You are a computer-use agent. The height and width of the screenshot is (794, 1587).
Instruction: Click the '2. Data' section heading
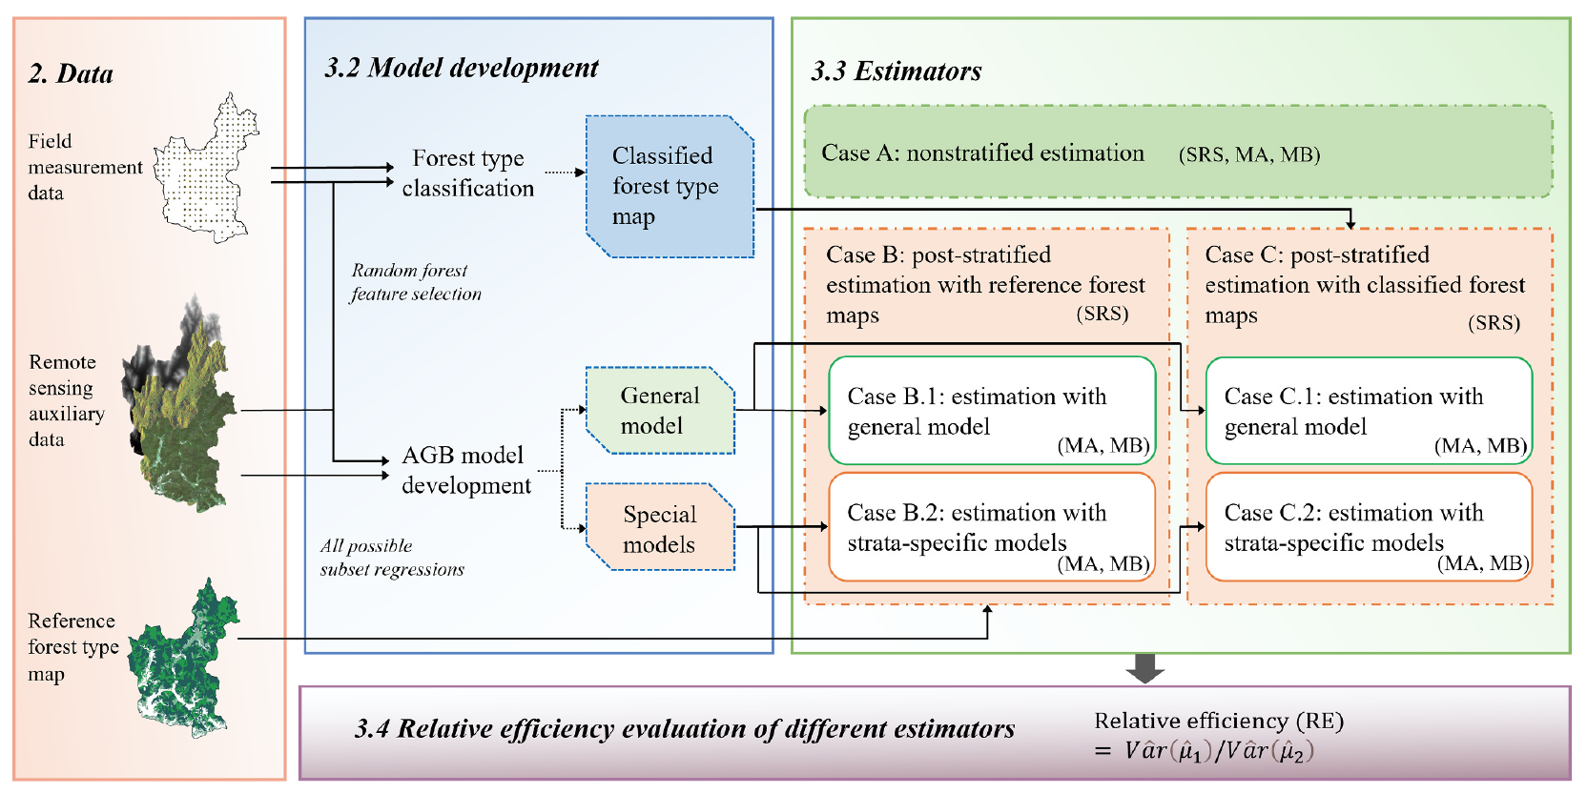click(71, 74)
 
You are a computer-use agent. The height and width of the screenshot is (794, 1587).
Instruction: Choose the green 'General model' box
click(660, 411)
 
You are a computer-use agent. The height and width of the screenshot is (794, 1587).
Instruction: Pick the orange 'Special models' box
click(660, 529)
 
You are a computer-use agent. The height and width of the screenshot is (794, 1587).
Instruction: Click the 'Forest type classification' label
click(467, 173)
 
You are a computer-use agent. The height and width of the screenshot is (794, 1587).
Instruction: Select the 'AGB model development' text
click(465, 470)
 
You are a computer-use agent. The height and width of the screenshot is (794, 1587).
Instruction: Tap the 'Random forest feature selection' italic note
click(415, 282)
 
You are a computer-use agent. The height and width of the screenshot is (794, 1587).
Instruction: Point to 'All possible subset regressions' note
click(391, 558)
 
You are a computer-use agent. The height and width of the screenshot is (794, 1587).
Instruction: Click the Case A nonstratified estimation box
click(1178, 153)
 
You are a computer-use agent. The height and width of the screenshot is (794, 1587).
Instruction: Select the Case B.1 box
click(992, 411)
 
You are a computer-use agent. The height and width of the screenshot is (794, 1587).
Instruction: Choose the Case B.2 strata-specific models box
click(992, 527)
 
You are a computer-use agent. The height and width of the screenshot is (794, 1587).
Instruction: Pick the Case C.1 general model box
click(1369, 411)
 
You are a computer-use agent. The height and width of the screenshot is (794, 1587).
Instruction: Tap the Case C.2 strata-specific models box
click(1369, 527)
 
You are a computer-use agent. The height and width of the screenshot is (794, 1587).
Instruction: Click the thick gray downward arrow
click(1144, 668)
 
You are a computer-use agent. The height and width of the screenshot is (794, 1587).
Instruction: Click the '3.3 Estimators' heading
click(896, 71)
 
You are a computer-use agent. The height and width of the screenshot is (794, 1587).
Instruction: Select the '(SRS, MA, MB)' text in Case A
click(1248, 154)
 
